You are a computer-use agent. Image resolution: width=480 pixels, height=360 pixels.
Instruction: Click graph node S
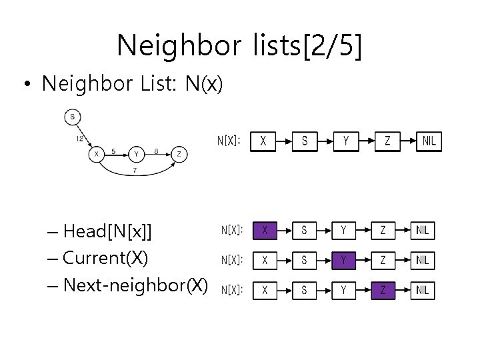click(x=73, y=117)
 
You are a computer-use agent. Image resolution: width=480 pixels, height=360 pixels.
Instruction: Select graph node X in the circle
click(x=97, y=154)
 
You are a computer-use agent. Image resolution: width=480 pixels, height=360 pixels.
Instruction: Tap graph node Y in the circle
click(x=136, y=154)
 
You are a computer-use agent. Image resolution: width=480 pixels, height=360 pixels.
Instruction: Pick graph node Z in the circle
click(x=179, y=154)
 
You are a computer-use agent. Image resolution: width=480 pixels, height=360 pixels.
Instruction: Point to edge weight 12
click(x=79, y=139)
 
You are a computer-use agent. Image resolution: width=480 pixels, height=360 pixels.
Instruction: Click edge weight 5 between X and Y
click(x=113, y=151)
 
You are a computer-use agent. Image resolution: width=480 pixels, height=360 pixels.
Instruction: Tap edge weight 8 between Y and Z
click(x=156, y=151)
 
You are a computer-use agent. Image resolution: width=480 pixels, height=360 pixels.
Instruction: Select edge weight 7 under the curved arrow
click(x=135, y=170)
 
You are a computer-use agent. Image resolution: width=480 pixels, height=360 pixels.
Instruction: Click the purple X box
click(x=265, y=231)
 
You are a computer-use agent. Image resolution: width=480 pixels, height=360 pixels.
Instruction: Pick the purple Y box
click(x=343, y=261)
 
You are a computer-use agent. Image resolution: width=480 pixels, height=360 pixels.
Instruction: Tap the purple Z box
click(x=383, y=291)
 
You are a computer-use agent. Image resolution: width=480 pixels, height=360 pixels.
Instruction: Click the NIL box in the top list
click(x=429, y=141)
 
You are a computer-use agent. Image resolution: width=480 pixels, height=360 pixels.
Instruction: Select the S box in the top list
click(x=305, y=141)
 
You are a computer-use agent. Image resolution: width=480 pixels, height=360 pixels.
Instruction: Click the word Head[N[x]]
click(x=107, y=231)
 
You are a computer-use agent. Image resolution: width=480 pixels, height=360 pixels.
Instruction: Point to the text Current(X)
click(x=105, y=258)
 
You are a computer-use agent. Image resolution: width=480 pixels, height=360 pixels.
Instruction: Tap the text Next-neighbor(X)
click(x=135, y=285)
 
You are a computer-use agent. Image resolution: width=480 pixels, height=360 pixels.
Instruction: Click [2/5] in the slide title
click(x=333, y=45)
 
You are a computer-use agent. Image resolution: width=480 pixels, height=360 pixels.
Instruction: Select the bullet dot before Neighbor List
click(x=27, y=83)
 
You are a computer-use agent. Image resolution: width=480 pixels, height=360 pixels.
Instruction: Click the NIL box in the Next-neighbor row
click(x=423, y=291)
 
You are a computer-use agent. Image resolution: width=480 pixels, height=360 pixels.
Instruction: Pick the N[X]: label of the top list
click(x=229, y=141)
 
